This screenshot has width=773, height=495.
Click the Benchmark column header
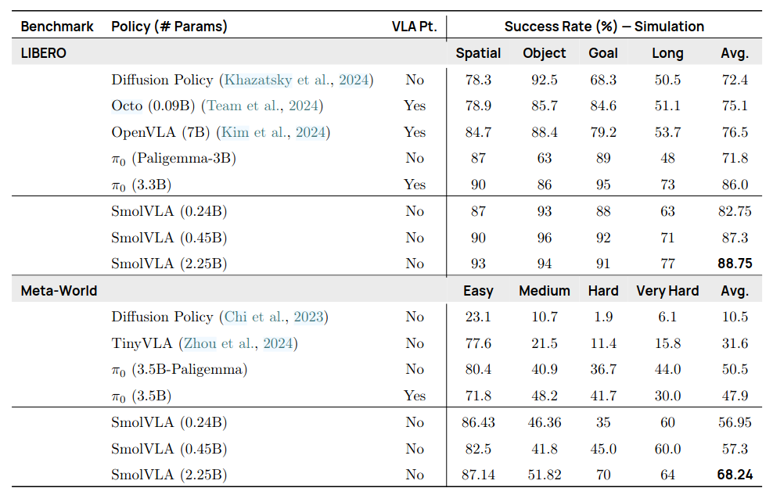coord(56,26)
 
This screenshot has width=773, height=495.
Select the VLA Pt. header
coord(414,26)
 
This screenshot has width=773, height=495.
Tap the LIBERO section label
coord(43,52)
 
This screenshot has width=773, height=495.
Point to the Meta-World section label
coord(59,291)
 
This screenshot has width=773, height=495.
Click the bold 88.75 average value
coord(735,264)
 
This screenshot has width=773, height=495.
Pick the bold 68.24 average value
coord(735,475)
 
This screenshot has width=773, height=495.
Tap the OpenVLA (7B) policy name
coord(160,132)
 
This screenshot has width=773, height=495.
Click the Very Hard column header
coord(667,291)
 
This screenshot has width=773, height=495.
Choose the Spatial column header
coord(478,53)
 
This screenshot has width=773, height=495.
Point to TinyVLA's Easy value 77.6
coord(478,343)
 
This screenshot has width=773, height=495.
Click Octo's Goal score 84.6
coord(603,106)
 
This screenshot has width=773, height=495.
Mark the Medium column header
coord(545,291)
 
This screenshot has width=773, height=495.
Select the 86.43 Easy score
coord(478,422)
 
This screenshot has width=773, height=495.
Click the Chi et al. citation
coord(274,316)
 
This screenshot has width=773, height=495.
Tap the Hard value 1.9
coord(603,316)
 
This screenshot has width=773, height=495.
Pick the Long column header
coord(667,53)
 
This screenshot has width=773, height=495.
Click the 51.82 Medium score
coord(545,475)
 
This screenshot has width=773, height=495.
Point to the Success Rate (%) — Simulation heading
coord(604,26)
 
